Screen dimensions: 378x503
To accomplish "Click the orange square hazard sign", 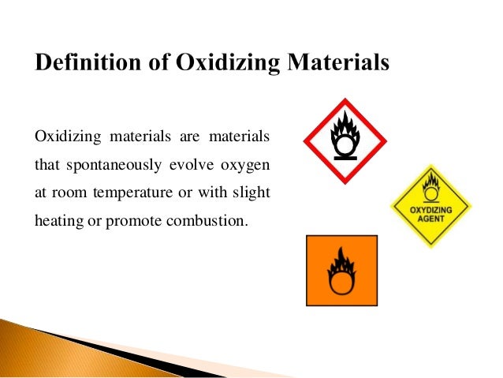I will click(341, 270).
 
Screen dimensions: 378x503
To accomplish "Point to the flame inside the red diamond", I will click(345, 125).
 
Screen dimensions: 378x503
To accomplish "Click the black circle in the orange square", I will click(341, 280).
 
